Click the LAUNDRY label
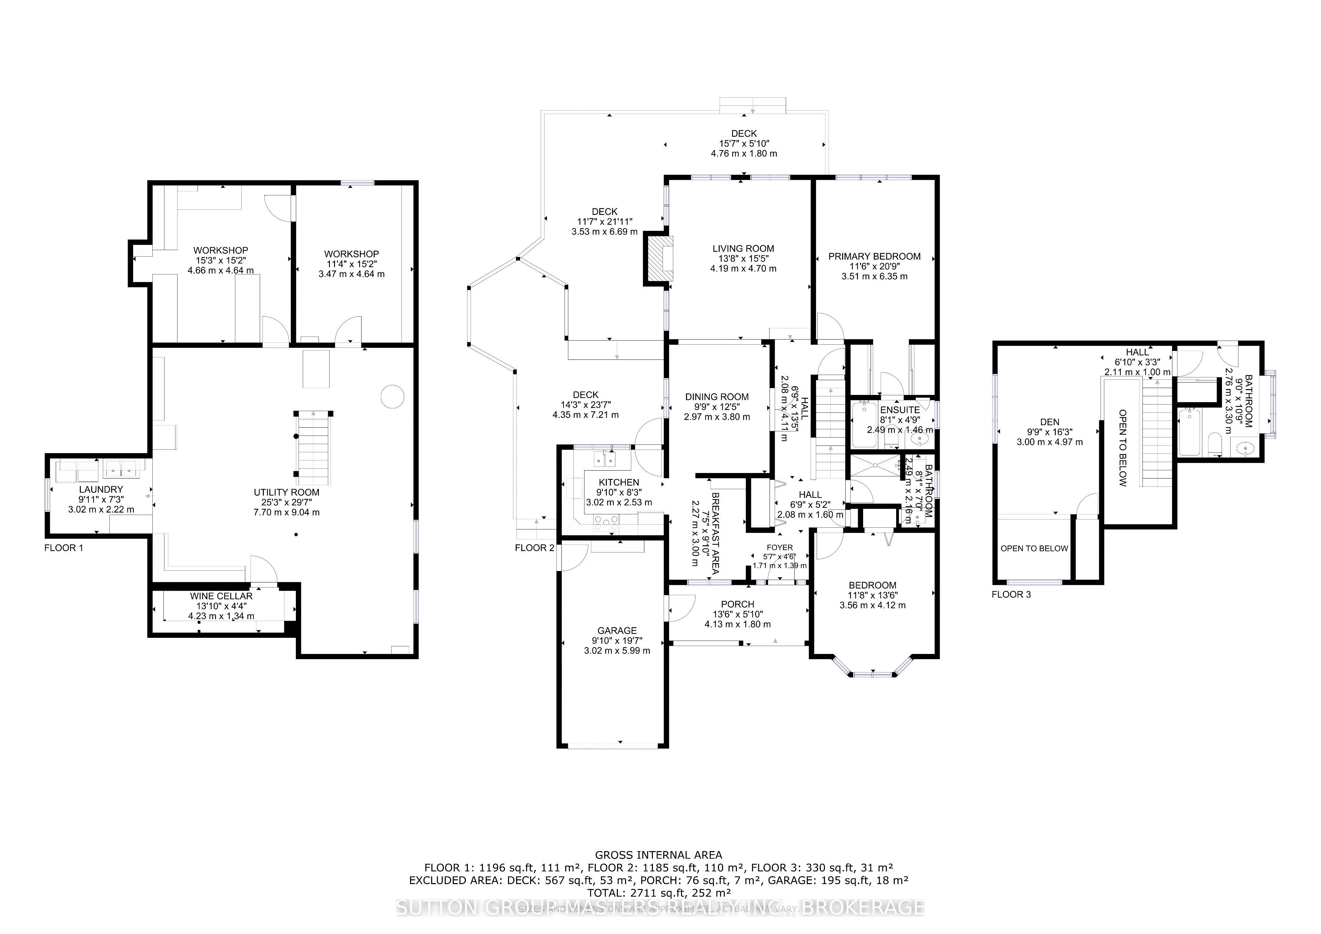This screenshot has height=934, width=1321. pyautogui.click(x=101, y=489)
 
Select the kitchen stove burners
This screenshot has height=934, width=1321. pyautogui.click(x=607, y=522)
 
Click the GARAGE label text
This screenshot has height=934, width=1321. pyautogui.click(x=617, y=631)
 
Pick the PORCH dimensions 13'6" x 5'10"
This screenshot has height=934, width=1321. pyautogui.click(x=738, y=614)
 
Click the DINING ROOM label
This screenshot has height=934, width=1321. pyautogui.click(x=717, y=397)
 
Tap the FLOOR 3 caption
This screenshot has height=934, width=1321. pyautogui.click(x=1011, y=594)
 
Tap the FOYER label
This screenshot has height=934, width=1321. pyautogui.click(x=779, y=547)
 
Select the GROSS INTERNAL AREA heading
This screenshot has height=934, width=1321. pyautogui.click(x=658, y=855)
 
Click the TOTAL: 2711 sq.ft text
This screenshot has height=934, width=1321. pyautogui.click(x=658, y=893)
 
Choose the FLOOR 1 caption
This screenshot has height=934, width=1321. pyautogui.click(x=63, y=548)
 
